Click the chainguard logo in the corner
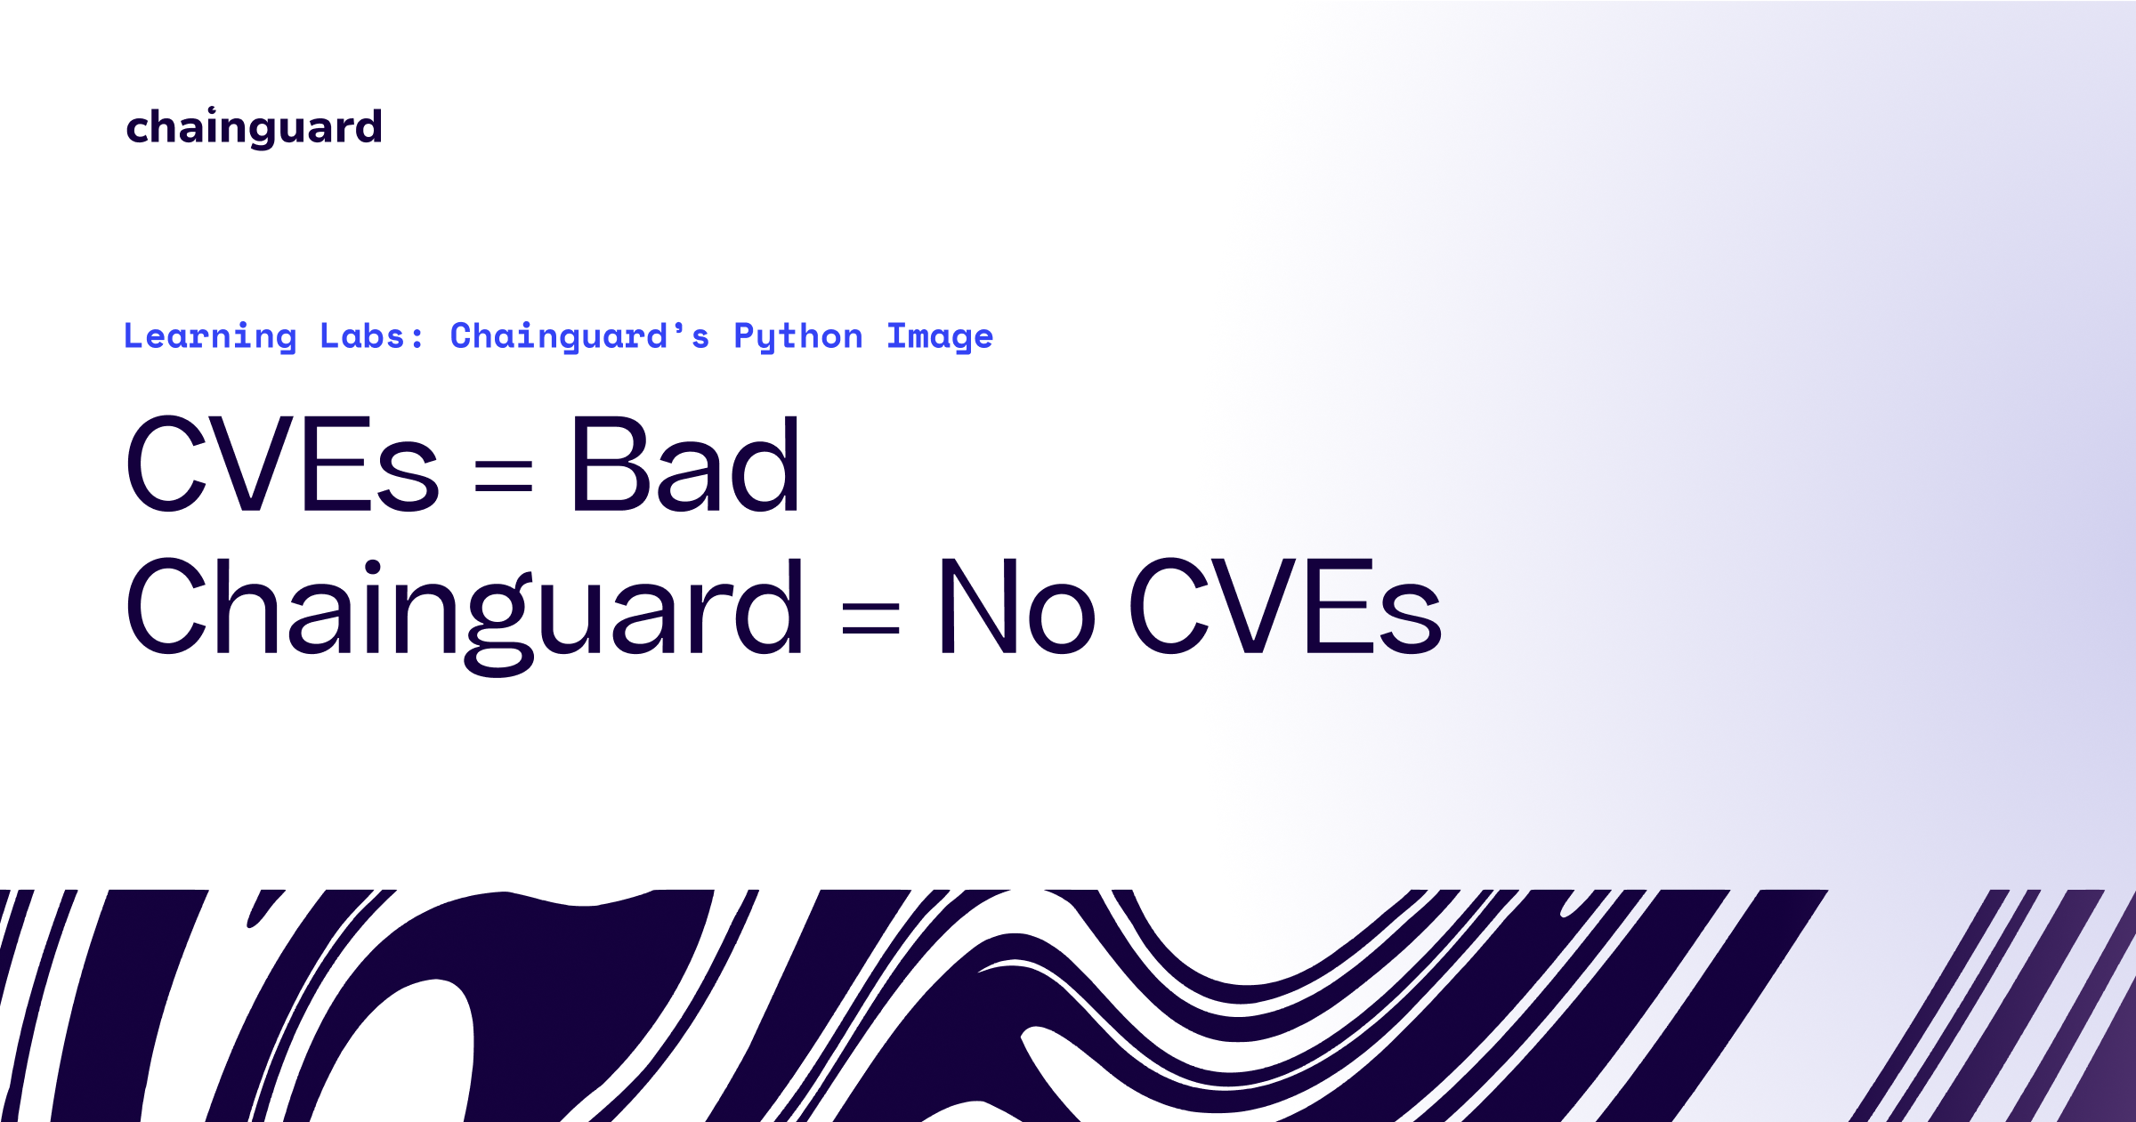tap(254, 127)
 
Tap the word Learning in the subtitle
tap(210, 336)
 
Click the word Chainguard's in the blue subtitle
tap(579, 336)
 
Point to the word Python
tap(798, 337)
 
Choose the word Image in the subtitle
tap(940, 337)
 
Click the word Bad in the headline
tap(685, 464)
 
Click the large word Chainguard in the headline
tap(464, 609)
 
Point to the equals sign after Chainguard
tap(870, 618)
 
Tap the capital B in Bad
tap(606, 464)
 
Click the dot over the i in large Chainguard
tap(373, 567)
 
